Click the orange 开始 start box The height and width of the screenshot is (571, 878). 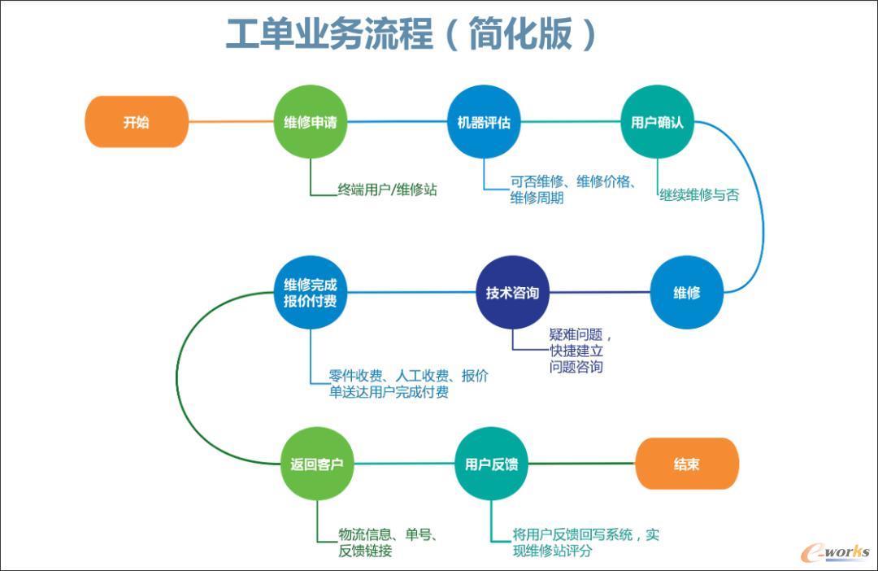click(x=137, y=122)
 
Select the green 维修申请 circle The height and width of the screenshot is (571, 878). click(x=310, y=122)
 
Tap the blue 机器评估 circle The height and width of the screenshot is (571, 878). click(x=484, y=122)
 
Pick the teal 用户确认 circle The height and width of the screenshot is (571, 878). click(x=657, y=122)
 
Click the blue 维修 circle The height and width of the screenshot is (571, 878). click(x=686, y=293)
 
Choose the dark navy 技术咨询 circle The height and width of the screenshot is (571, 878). click(x=512, y=293)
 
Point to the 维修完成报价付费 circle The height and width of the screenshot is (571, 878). click(x=310, y=293)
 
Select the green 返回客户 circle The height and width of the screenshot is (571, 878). click(x=317, y=464)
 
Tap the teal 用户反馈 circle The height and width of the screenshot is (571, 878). click(x=491, y=464)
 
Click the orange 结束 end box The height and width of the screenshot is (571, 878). click(x=686, y=464)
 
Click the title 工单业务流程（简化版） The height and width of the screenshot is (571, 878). click(x=411, y=34)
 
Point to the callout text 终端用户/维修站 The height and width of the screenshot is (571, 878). click(x=388, y=190)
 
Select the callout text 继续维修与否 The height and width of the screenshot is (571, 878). click(x=699, y=195)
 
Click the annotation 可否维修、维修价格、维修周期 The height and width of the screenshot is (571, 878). click(x=572, y=190)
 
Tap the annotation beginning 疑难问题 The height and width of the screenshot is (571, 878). click(x=580, y=351)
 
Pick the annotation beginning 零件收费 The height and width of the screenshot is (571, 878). click(x=409, y=384)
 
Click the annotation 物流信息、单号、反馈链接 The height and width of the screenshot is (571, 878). click(x=389, y=543)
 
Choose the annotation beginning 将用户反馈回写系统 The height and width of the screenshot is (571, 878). click(x=585, y=543)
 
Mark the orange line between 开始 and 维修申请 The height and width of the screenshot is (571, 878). click(x=231, y=122)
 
